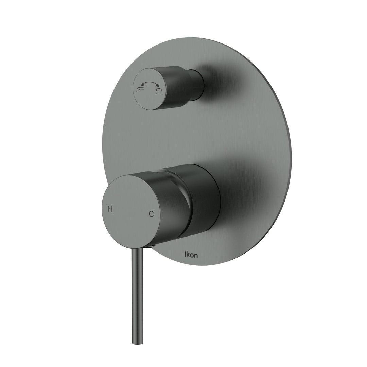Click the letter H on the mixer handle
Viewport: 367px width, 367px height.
click(x=110, y=209)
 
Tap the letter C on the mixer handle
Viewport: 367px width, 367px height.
click(x=151, y=214)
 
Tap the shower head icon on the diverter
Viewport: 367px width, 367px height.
click(x=158, y=89)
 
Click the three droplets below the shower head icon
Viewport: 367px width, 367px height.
click(x=159, y=92)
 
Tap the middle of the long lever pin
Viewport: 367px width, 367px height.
click(x=138, y=296)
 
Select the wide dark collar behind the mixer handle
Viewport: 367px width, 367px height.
click(x=204, y=200)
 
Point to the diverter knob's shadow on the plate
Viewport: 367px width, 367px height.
click(x=221, y=82)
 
